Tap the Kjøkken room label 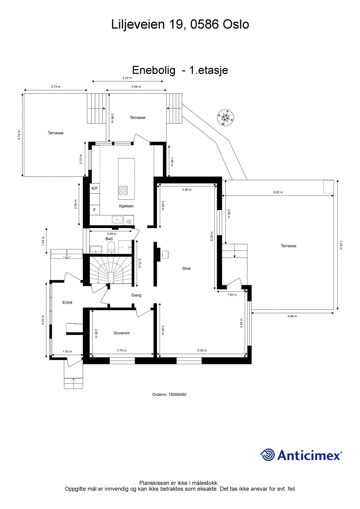(126, 206)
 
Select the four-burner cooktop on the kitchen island (123, 190)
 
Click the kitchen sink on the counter (117, 220)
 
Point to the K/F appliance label (94, 188)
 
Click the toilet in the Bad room (111, 247)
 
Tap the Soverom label (122, 333)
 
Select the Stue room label (186, 268)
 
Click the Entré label (67, 303)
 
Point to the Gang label (136, 295)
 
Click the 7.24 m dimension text (341, 245)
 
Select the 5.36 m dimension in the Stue (202, 350)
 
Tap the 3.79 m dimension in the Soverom (121, 350)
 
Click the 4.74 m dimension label (19, 135)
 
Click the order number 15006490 (177, 394)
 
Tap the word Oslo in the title (236, 24)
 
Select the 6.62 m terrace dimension (278, 192)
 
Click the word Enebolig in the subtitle (154, 70)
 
